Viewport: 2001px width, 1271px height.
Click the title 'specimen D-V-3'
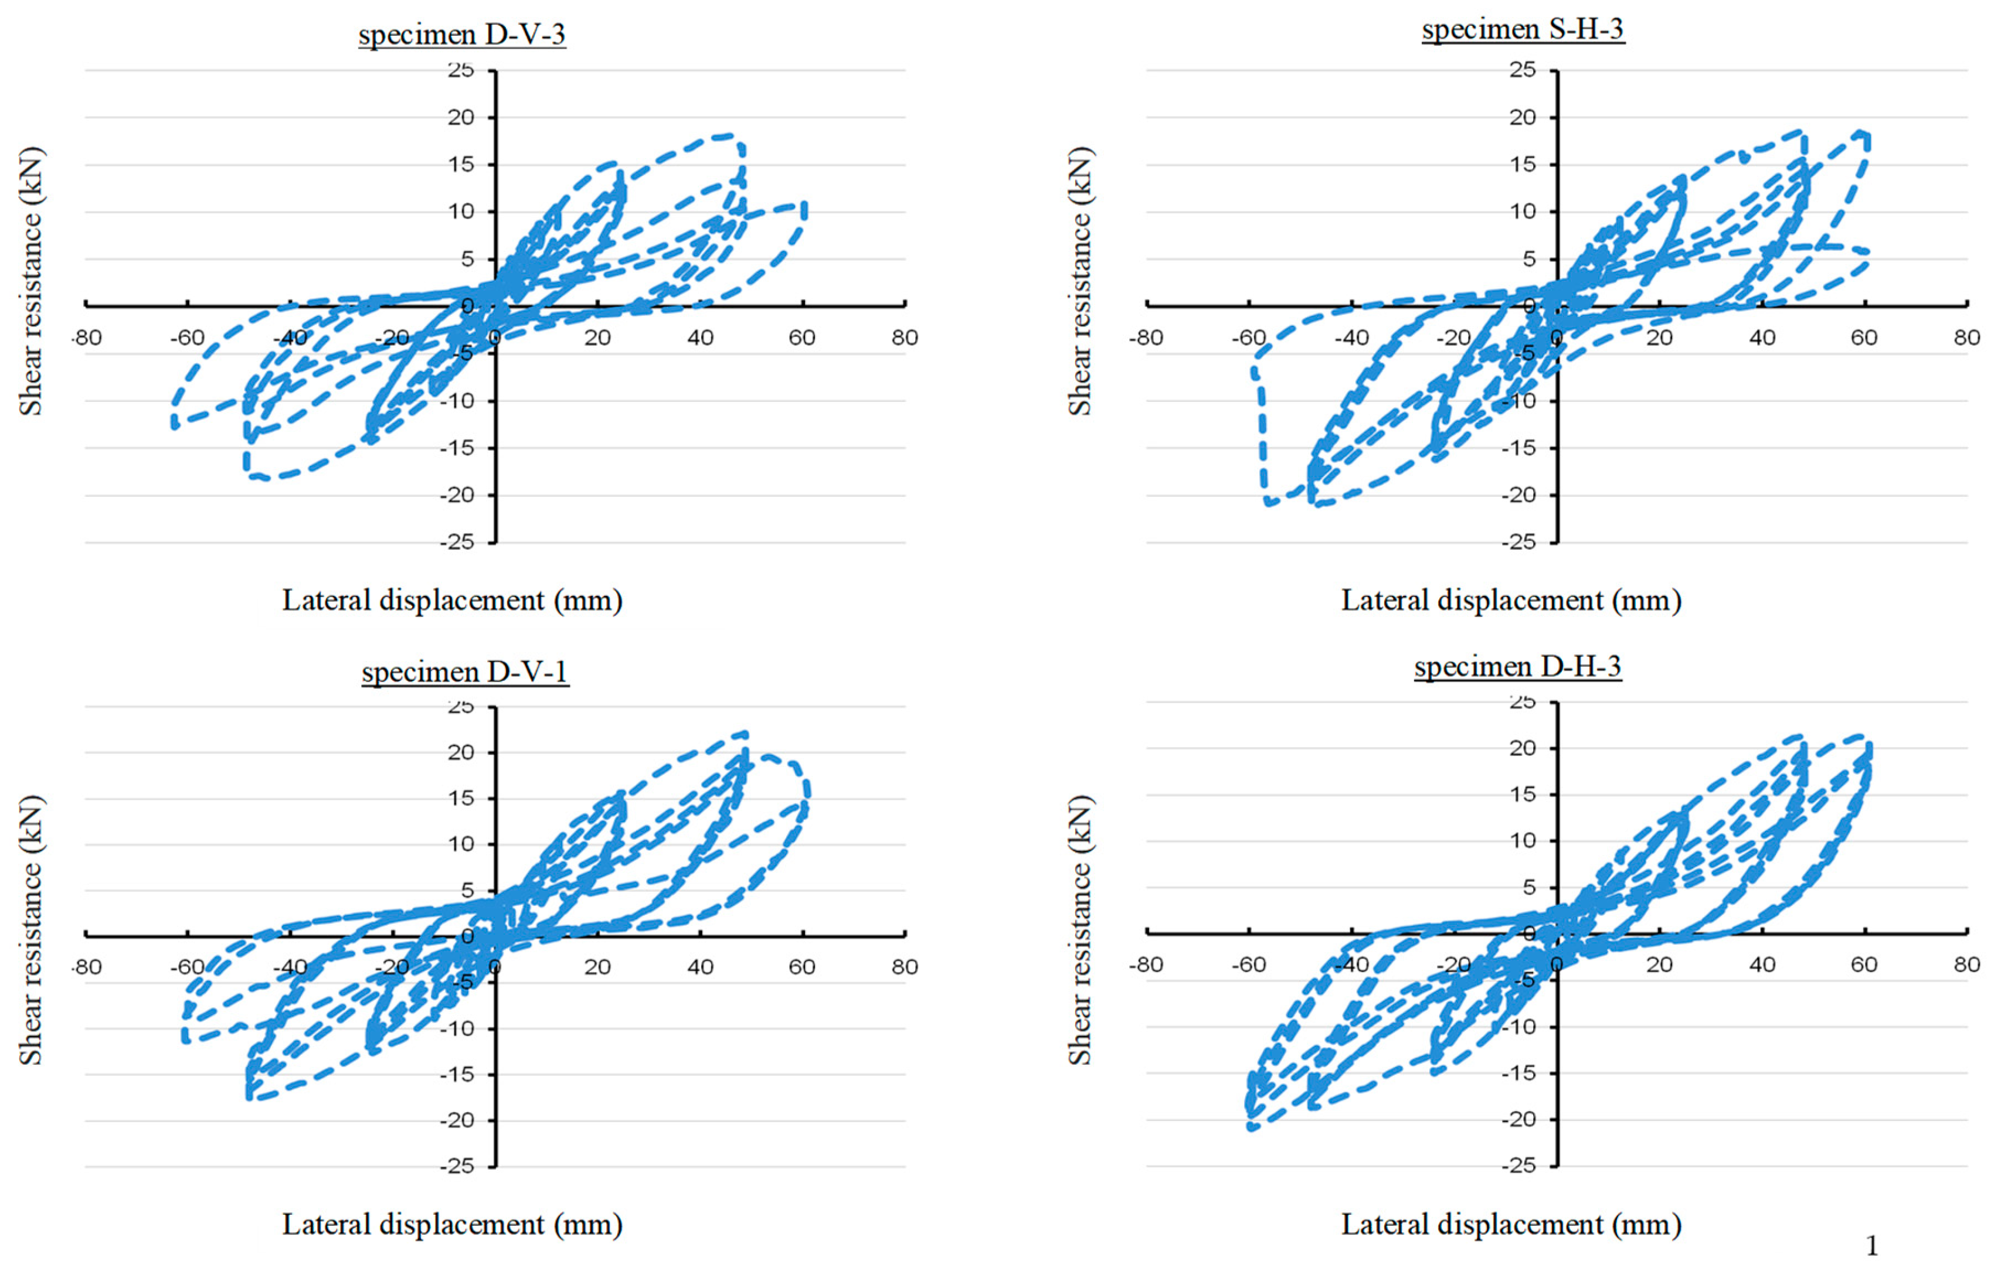tap(462, 35)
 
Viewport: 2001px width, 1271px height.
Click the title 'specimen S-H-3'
tap(1523, 29)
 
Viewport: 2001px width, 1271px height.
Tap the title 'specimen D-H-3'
tap(1517, 666)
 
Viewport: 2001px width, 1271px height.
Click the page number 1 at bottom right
tap(1871, 1245)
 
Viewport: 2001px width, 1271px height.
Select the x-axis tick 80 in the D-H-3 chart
tap(1966, 965)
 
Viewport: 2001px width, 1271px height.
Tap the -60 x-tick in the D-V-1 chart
tap(187, 967)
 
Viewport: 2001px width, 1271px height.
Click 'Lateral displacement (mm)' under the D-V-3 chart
tap(452, 600)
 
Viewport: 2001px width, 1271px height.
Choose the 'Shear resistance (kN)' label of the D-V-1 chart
tap(30, 931)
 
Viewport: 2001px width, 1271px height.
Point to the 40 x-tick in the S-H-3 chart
tap(1762, 338)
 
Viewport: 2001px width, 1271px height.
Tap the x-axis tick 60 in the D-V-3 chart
tap(802, 338)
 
